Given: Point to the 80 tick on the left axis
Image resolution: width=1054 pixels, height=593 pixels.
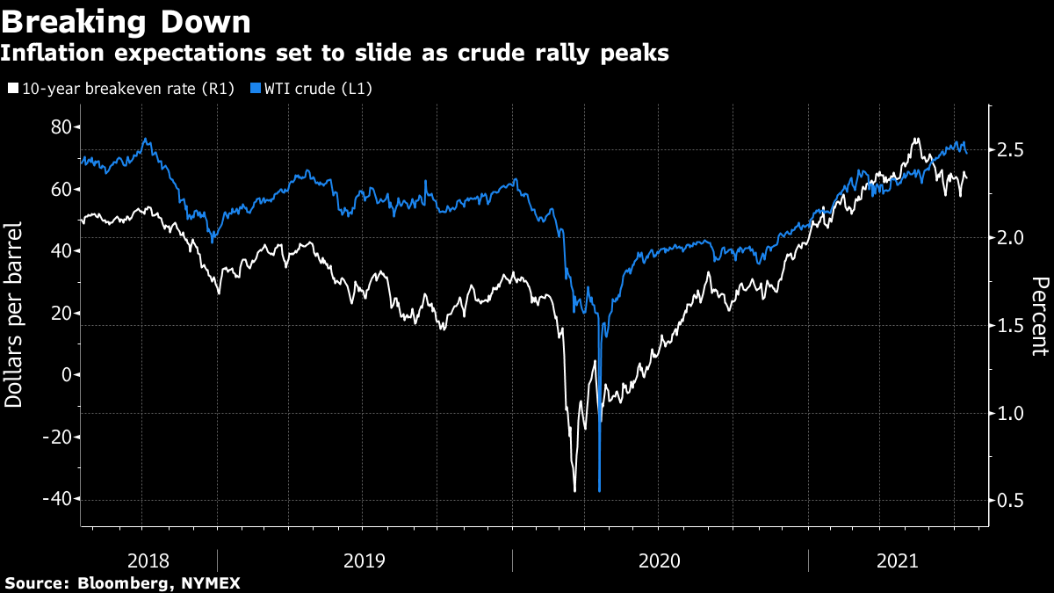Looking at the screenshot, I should point(60,127).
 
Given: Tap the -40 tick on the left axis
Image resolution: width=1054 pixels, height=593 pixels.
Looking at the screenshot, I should point(54,499).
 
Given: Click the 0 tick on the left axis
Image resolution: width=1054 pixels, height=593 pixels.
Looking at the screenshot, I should point(65,375).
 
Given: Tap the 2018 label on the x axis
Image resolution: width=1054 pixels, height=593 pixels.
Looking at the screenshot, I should point(149,560).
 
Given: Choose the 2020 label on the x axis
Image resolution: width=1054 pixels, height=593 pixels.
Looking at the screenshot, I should point(661,560).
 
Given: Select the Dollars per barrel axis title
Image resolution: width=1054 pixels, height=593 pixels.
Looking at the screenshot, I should point(15,315).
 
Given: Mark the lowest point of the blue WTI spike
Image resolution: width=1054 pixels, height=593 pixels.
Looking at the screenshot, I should point(599,490).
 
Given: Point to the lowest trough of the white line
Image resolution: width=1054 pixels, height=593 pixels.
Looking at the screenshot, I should point(574,490).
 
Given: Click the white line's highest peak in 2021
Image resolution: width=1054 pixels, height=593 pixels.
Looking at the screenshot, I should point(916,139).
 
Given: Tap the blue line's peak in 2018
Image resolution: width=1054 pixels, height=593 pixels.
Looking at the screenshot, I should point(146,139).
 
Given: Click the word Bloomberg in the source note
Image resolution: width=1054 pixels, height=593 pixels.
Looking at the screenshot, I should point(113,583).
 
